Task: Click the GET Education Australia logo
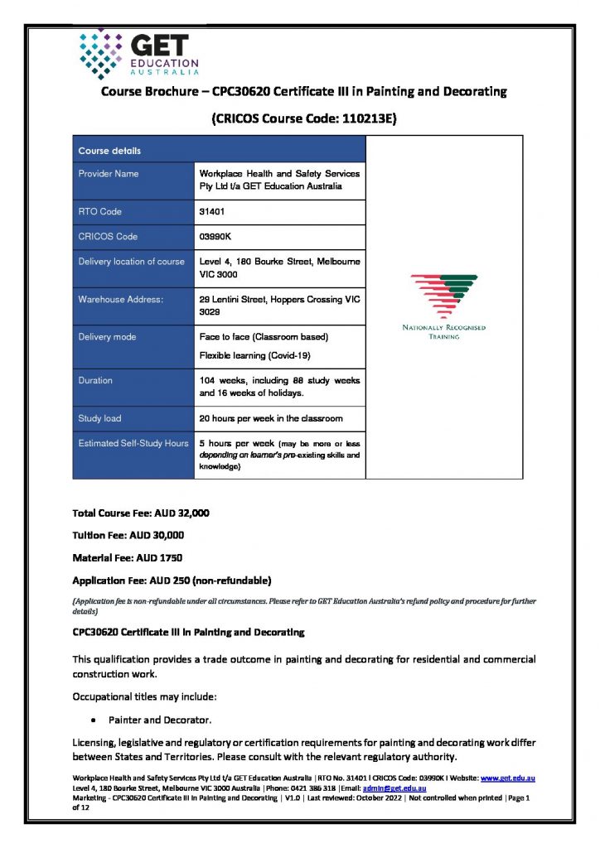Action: coord(138,53)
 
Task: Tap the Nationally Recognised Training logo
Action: coord(443,307)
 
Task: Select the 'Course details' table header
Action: coord(109,151)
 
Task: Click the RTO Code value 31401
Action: coord(213,212)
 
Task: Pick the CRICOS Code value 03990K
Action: coord(215,237)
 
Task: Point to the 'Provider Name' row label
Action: coord(109,174)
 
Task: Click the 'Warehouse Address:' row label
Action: coord(121,298)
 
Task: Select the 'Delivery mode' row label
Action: coord(107,337)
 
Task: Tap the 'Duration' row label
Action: coord(95,380)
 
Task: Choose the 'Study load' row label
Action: coord(99,418)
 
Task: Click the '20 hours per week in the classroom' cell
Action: coord(271,418)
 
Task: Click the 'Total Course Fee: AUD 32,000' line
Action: coord(141,513)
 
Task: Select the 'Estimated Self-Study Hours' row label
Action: coord(133,443)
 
